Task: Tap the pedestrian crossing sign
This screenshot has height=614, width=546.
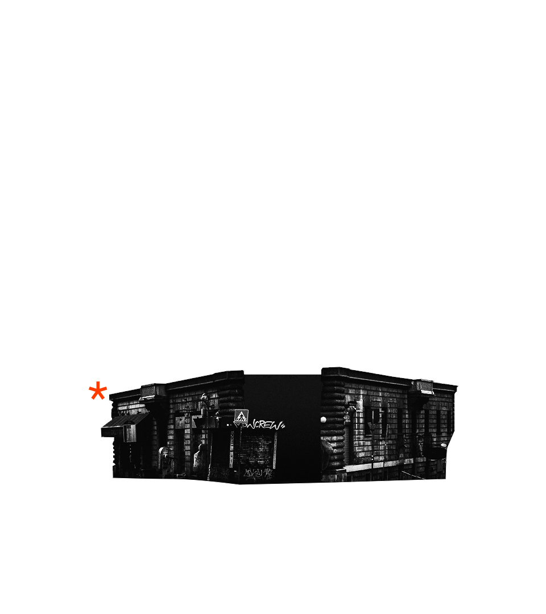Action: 241,417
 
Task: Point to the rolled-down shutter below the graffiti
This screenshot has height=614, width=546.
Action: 256,449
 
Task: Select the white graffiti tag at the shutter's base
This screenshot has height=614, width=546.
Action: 257,473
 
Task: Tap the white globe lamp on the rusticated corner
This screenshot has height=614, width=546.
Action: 324,420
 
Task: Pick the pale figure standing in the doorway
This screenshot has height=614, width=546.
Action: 200,457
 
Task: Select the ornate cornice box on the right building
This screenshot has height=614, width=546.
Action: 424,387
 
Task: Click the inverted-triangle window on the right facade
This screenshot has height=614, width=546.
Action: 374,421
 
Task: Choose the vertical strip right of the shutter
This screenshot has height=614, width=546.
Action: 275,449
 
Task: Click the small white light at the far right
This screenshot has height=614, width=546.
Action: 444,445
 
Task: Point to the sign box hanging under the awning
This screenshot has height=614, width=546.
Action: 131,433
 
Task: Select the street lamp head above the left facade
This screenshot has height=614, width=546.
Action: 204,398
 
